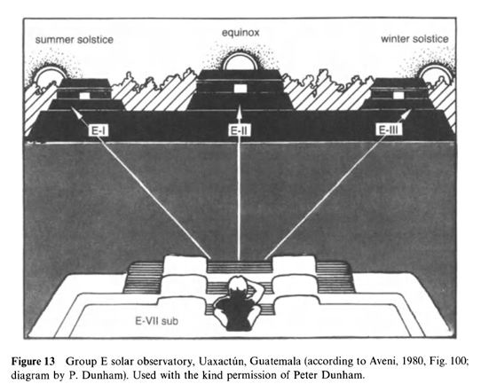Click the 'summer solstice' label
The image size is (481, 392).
tap(75, 40)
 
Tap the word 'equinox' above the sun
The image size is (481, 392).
tap(240, 33)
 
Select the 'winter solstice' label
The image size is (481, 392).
tap(414, 39)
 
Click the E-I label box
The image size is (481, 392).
tap(99, 131)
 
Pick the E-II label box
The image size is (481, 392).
tap(240, 131)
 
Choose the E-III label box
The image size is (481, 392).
tap(389, 130)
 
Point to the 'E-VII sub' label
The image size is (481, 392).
tap(157, 321)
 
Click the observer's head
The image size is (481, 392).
tap(239, 286)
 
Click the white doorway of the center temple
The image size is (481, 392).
tap(240, 89)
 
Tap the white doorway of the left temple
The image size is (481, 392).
tap(84, 96)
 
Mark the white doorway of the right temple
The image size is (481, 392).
tap(398, 95)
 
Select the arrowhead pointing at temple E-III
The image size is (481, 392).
tap(406, 114)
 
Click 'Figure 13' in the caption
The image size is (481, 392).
tap(33, 362)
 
